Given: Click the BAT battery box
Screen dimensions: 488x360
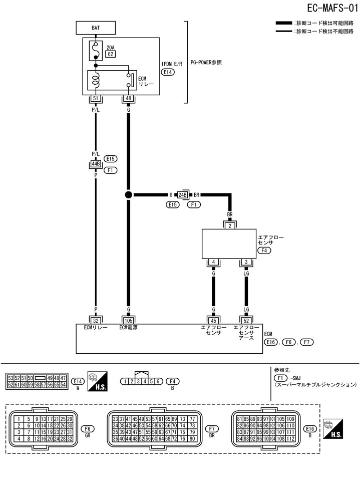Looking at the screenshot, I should click(x=95, y=29).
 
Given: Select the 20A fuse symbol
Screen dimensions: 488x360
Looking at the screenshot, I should click(x=95, y=50).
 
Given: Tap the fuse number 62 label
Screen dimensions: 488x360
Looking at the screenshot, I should click(x=110, y=54).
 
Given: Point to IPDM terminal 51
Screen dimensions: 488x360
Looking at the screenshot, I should click(x=95, y=98).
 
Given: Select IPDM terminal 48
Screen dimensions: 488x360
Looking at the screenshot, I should click(x=128, y=98).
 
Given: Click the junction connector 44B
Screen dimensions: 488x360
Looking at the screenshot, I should click(x=95, y=163).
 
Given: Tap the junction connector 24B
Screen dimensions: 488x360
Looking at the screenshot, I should click(x=182, y=195).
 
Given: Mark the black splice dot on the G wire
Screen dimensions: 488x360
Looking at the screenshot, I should click(x=128, y=195).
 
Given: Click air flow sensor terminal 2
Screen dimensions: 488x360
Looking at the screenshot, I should click(x=230, y=226).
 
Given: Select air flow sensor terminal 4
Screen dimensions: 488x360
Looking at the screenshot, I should click(x=213, y=262).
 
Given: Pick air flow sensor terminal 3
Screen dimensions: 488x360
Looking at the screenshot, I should click(x=246, y=262).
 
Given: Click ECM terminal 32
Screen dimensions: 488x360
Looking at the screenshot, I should click(x=95, y=320).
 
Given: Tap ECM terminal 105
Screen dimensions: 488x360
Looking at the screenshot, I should click(x=128, y=320).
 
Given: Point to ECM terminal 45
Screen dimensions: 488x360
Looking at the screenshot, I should click(x=213, y=320).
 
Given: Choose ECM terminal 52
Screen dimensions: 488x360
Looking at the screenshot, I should click(x=246, y=320).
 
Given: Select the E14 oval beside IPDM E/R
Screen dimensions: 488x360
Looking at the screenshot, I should click(x=168, y=72).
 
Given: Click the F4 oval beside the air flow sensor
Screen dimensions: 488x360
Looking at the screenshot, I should click(x=264, y=250).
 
